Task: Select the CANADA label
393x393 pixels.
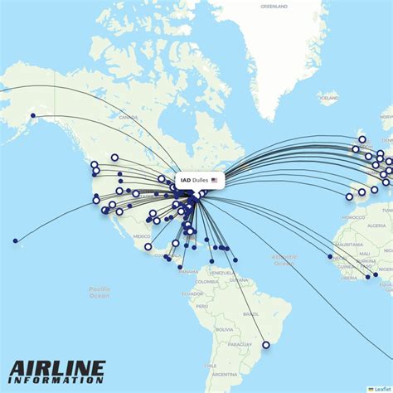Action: pos(129,118)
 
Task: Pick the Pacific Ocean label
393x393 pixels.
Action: pos(99,292)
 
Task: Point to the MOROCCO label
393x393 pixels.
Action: pos(356,216)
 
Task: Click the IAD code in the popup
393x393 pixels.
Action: pos(185,180)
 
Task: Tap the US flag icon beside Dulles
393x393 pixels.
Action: pos(215,180)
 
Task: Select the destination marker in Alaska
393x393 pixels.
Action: pos(32,115)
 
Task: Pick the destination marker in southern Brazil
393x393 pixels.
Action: pos(265,345)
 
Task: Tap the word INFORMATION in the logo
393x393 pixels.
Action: pos(58,381)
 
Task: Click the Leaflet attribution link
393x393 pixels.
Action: pos(384,389)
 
